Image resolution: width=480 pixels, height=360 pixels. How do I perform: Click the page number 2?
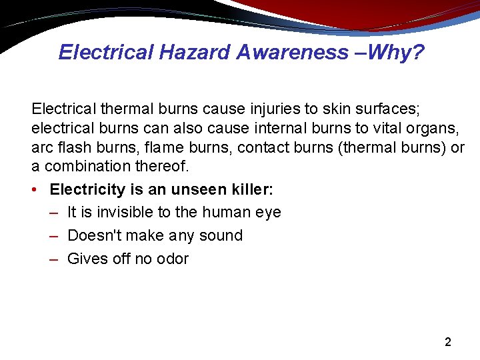point(448,343)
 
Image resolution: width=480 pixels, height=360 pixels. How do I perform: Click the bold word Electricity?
point(87,189)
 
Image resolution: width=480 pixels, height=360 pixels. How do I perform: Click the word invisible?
point(117,213)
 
